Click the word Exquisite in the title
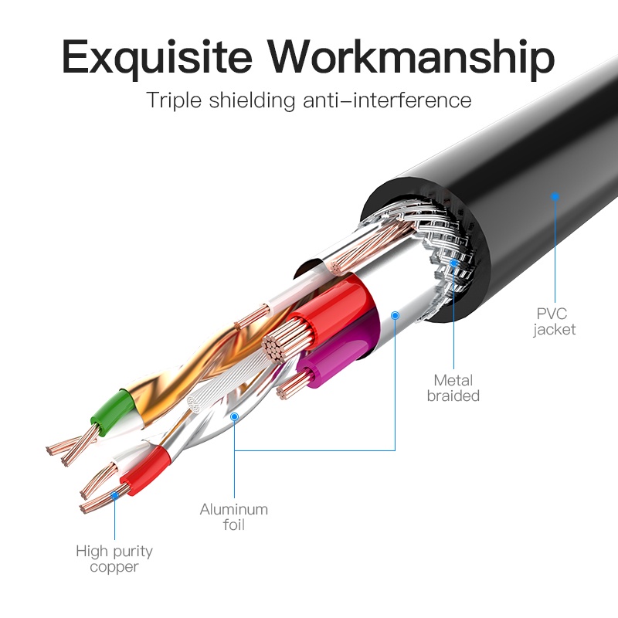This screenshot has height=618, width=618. (x=157, y=58)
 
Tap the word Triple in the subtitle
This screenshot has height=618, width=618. (x=174, y=100)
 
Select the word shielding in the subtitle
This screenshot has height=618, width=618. (x=252, y=100)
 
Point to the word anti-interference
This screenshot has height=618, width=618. (x=387, y=100)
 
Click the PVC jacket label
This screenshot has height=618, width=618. (x=554, y=321)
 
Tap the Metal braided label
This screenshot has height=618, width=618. (x=453, y=388)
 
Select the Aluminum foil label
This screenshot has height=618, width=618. (x=234, y=517)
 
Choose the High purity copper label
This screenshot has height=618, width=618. (x=114, y=559)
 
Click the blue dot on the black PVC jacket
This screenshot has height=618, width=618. (x=555, y=196)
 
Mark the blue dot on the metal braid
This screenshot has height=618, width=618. (x=453, y=263)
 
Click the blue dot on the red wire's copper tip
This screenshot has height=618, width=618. (x=114, y=495)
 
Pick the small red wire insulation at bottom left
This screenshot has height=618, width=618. (x=145, y=470)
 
